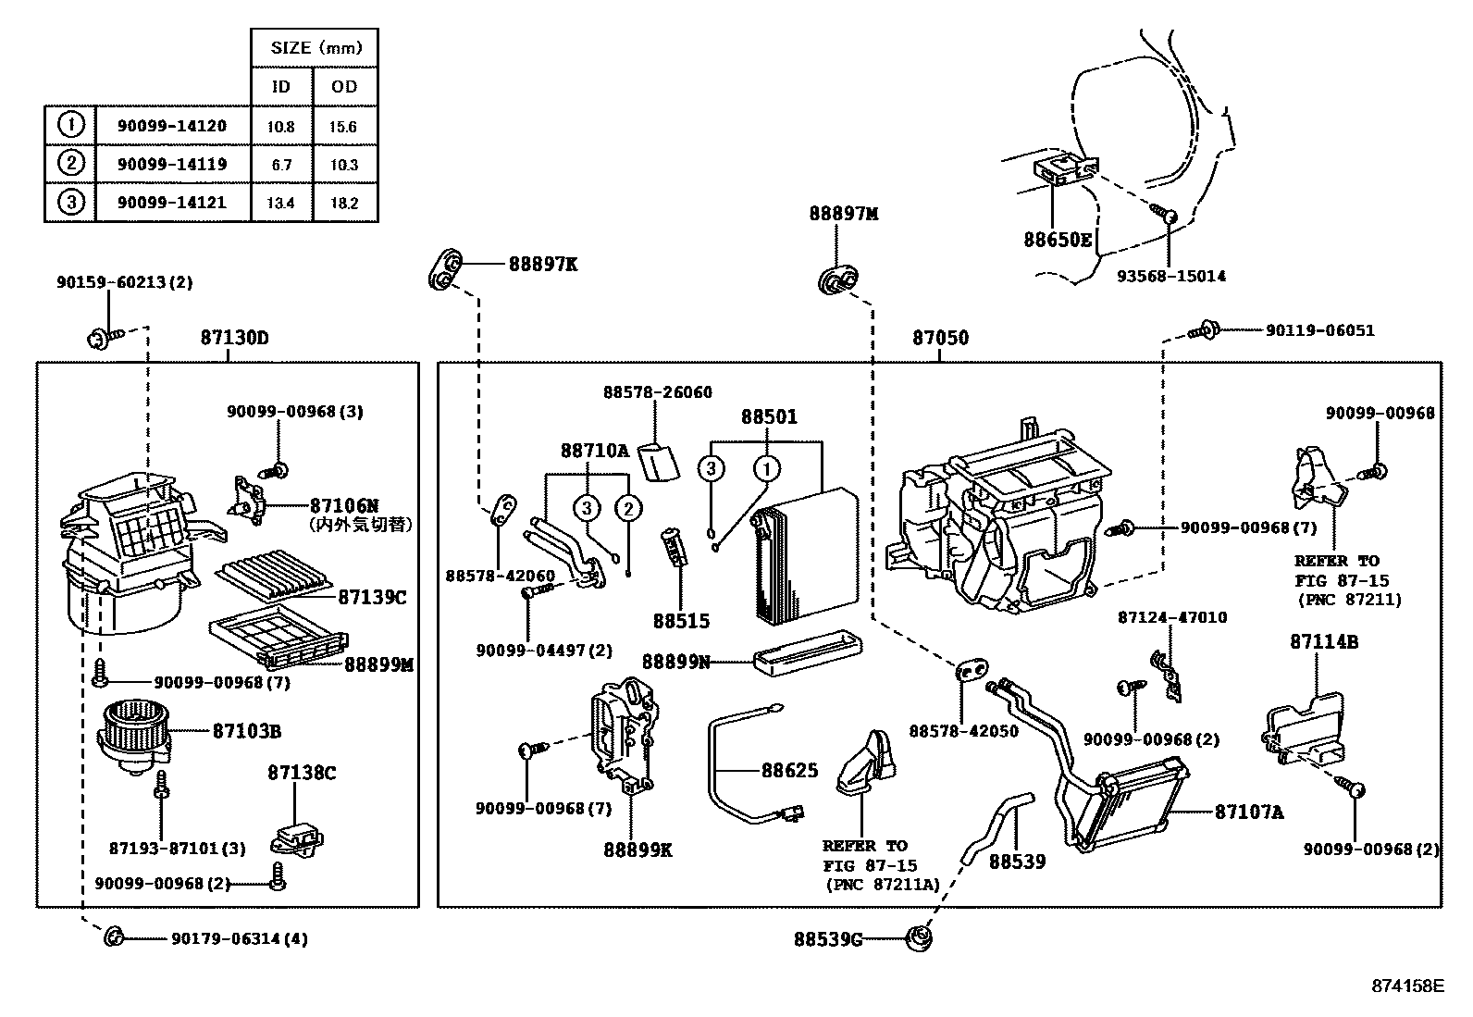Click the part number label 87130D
(234, 338)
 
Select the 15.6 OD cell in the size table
(343, 127)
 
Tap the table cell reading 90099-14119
(172, 165)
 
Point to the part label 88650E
(1058, 240)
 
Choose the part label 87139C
(371, 597)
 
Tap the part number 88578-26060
(658, 392)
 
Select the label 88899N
(676, 662)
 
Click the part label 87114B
(1324, 641)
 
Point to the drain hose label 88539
(1017, 862)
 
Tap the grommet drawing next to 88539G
(921, 936)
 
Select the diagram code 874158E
(1407, 986)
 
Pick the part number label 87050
(940, 338)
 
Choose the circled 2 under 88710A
(627, 507)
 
